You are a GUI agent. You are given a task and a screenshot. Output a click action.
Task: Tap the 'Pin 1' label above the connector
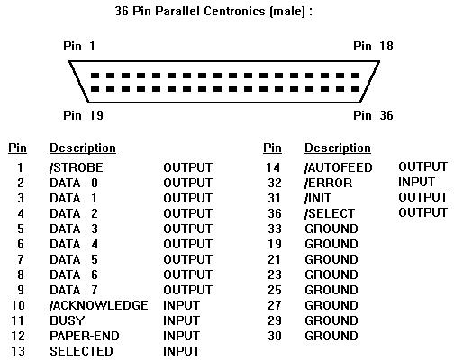(x=79, y=46)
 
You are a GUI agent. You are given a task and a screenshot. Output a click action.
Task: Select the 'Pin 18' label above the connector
(x=373, y=46)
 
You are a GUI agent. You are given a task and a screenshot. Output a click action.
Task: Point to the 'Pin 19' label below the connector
(x=83, y=115)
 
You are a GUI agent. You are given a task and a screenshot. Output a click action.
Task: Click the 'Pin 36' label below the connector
(x=373, y=115)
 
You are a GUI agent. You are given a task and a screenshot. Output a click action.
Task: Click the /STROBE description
(x=77, y=167)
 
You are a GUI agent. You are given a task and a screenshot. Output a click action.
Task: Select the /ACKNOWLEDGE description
(x=99, y=305)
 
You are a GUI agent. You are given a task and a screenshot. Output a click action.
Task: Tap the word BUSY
(x=68, y=320)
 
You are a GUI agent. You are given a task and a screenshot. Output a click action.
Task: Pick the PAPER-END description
(x=85, y=336)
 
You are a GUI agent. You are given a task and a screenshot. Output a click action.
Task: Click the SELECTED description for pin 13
(x=81, y=351)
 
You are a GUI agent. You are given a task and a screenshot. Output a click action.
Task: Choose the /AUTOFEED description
(x=339, y=167)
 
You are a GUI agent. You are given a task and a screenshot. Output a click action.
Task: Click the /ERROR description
(x=328, y=183)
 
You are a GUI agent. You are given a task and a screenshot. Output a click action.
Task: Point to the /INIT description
(x=318, y=198)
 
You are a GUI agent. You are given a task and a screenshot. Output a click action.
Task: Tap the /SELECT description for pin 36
(x=330, y=213)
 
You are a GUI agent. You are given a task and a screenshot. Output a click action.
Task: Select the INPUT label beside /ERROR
(x=416, y=182)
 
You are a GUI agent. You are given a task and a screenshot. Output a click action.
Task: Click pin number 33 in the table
(x=275, y=229)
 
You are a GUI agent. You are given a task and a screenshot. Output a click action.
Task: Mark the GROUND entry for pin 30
(x=331, y=336)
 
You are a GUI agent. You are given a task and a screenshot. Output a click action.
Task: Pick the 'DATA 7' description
(x=74, y=290)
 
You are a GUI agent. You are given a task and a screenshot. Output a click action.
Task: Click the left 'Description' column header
(x=83, y=148)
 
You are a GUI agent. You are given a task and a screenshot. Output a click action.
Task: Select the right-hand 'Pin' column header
(x=272, y=148)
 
